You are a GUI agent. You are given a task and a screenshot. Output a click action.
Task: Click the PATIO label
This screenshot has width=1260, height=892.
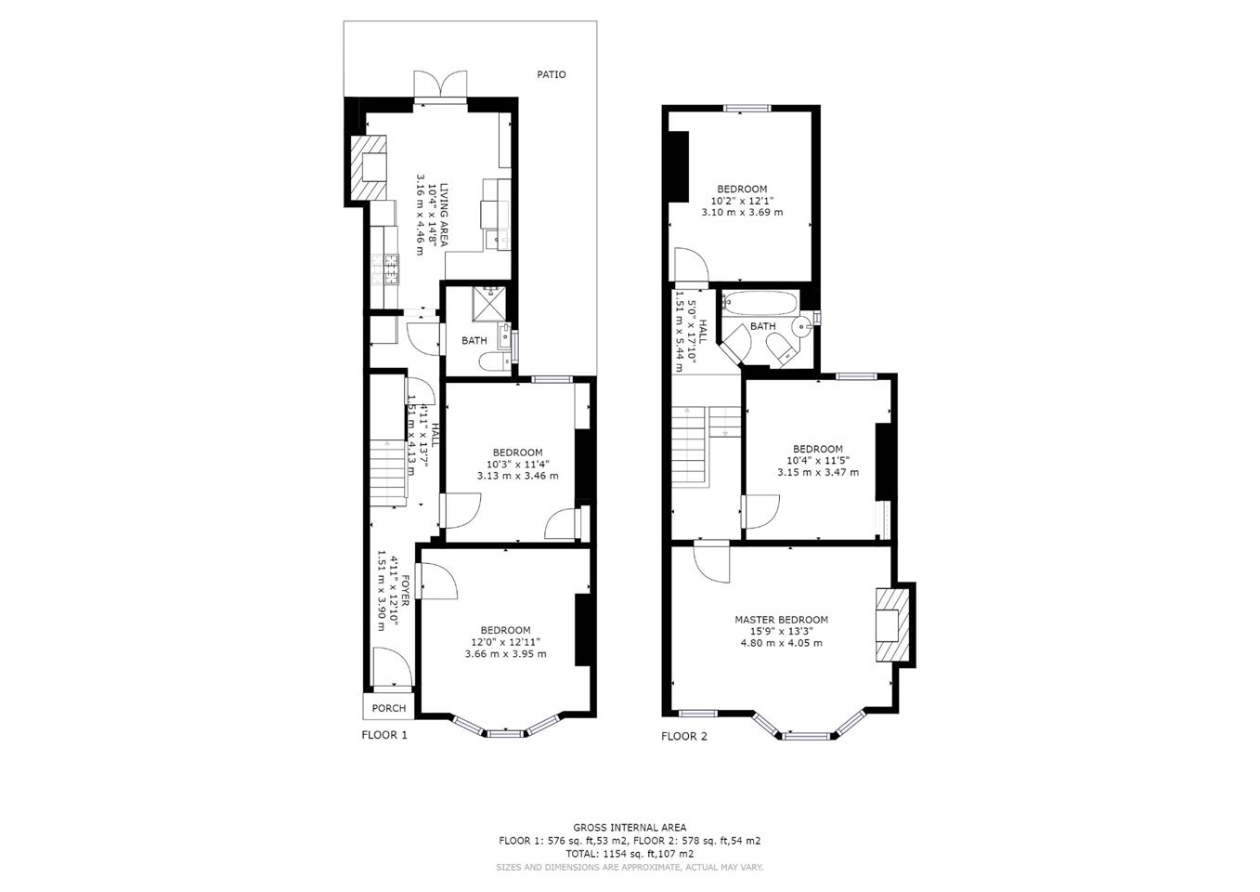point(552,74)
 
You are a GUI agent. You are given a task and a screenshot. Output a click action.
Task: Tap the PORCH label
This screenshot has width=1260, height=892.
point(389,708)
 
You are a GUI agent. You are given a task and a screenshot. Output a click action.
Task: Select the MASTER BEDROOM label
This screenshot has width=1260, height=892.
point(781,620)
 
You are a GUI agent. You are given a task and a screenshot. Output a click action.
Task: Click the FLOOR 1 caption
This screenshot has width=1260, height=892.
point(384,734)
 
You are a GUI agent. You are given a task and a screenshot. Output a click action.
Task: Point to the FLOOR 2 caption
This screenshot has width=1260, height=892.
point(684,736)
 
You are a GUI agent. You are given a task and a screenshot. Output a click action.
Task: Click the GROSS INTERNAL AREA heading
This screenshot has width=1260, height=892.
point(630,827)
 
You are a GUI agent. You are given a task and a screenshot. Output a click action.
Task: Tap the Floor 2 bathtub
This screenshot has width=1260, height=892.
point(759,303)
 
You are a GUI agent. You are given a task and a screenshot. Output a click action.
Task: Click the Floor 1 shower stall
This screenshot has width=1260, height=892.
point(488,303)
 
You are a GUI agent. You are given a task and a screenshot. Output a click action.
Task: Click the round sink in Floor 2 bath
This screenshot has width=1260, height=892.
point(801,325)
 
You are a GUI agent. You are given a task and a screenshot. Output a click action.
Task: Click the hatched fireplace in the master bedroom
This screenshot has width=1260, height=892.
point(892,624)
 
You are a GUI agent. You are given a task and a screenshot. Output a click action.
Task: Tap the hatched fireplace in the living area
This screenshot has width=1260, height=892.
point(369,167)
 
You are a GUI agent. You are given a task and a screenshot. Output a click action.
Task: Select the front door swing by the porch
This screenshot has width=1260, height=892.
point(393,666)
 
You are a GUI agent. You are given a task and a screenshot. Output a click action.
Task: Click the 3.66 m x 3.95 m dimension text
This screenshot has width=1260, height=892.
point(505,654)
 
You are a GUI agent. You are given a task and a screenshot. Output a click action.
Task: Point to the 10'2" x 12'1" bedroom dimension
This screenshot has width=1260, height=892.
point(742,201)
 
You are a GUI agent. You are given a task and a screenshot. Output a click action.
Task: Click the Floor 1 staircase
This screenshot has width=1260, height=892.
point(387,473)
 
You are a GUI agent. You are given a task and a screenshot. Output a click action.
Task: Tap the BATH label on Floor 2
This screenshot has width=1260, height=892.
point(762,326)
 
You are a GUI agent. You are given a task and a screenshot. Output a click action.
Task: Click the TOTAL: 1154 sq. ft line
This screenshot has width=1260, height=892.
point(630,854)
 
